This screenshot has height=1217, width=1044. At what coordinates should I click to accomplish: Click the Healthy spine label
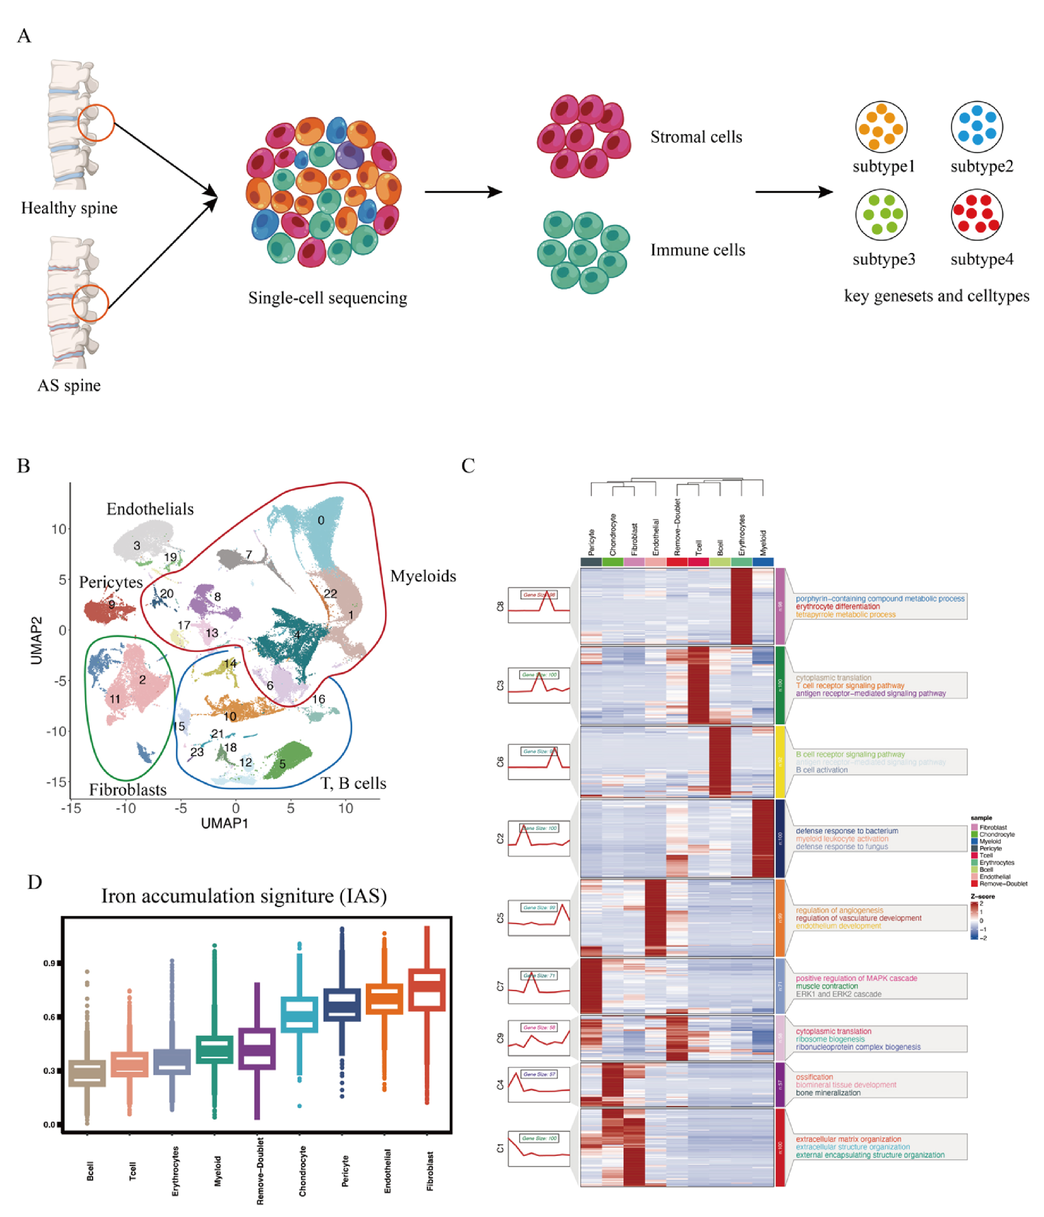pyautogui.click(x=69, y=208)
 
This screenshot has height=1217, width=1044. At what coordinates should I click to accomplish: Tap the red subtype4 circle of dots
pyautogui.click(x=977, y=215)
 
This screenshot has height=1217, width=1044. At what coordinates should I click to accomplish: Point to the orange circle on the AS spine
pyautogui.click(x=90, y=303)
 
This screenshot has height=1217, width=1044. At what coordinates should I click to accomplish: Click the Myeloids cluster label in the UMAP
pyautogui.click(x=423, y=576)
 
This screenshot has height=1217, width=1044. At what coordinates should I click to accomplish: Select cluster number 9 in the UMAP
pyautogui.click(x=112, y=604)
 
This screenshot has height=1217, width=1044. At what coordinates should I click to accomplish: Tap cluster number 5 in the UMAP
pyautogui.click(x=282, y=764)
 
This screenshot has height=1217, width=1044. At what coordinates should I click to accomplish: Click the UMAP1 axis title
pyautogui.click(x=224, y=823)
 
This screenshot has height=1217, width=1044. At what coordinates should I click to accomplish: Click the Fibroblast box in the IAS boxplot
pyautogui.click(x=427, y=989)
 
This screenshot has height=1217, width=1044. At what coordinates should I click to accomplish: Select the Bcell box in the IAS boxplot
pyautogui.click(x=87, y=1073)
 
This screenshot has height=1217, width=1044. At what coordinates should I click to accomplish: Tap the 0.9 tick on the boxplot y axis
pyautogui.click(x=49, y=963)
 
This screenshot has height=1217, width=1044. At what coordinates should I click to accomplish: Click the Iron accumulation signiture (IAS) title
pyautogui.click(x=244, y=896)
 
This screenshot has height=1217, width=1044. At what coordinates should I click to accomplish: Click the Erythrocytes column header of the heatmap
pyautogui.click(x=742, y=534)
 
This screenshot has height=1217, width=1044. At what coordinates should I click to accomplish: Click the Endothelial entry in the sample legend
pyautogui.click(x=995, y=876)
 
